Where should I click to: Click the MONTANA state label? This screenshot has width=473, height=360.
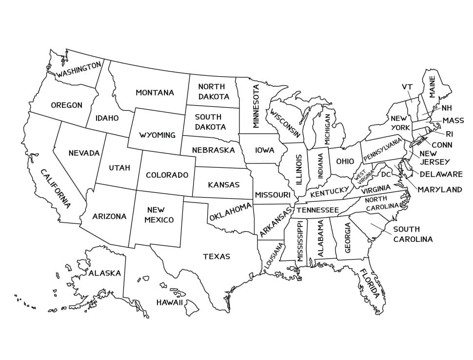(155, 93)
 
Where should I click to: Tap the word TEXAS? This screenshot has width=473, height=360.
(217, 257)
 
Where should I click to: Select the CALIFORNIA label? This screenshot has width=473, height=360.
(55, 188)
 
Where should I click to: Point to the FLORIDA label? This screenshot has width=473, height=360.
(369, 283)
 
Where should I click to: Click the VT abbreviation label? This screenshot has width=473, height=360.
(407, 87)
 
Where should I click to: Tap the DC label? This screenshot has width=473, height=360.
(386, 174)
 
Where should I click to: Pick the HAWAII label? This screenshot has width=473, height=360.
(170, 302)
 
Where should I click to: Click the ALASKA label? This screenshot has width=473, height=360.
(104, 273)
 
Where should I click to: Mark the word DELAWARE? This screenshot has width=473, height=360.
(441, 174)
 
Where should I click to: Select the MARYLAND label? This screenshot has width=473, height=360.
(439, 189)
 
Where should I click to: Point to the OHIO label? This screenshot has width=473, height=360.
(345, 161)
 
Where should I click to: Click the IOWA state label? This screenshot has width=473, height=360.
(264, 150)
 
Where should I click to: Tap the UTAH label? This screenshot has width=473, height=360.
(119, 168)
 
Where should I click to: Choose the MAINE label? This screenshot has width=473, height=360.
(432, 86)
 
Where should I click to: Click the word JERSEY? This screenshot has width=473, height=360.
(435, 161)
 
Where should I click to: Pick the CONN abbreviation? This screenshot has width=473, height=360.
(442, 145)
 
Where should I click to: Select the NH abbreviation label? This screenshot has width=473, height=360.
(447, 108)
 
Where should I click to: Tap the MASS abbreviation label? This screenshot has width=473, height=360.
(453, 120)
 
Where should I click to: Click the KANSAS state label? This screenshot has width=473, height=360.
(224, 185)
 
